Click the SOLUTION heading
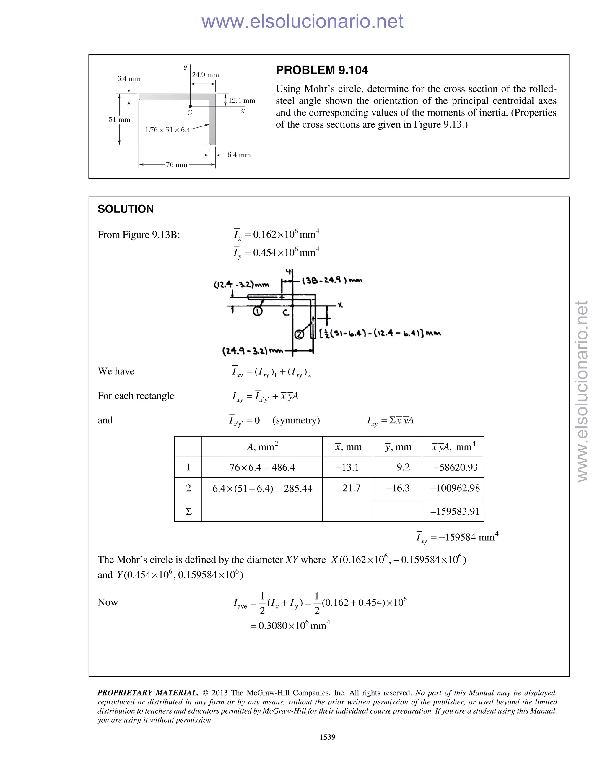pyautogui.click(x=126, y=209)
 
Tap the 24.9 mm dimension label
pyautogui.click(x=205, y=75)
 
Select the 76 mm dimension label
pyautogui.click(x=176, y=165)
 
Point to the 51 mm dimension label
pyautogui.click(x=119, y=120)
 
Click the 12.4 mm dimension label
pyautogui.click(x=242, y=100)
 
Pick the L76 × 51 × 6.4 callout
pyautogui.click(x=168, y=130)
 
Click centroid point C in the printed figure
pyautogui.click(x=190, y=106)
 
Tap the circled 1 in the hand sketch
pyautogui.click(x=257, y=311)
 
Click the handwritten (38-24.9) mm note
pyautogui.click(x=332, y=280)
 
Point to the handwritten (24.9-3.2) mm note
pyautogui.click(x=252, y=351)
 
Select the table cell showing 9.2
pyautogui.click(x=403, y=467)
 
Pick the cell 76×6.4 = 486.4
pyautogui.click(x=262, y=467)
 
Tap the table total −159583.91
pyautogui.click(x=454, y=511)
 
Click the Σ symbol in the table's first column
pyautogui.click(x=188, y=511)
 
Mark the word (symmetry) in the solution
pyautogui.click(x=296, y=420)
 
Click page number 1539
pyautogui.click(x=327, y=737)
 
